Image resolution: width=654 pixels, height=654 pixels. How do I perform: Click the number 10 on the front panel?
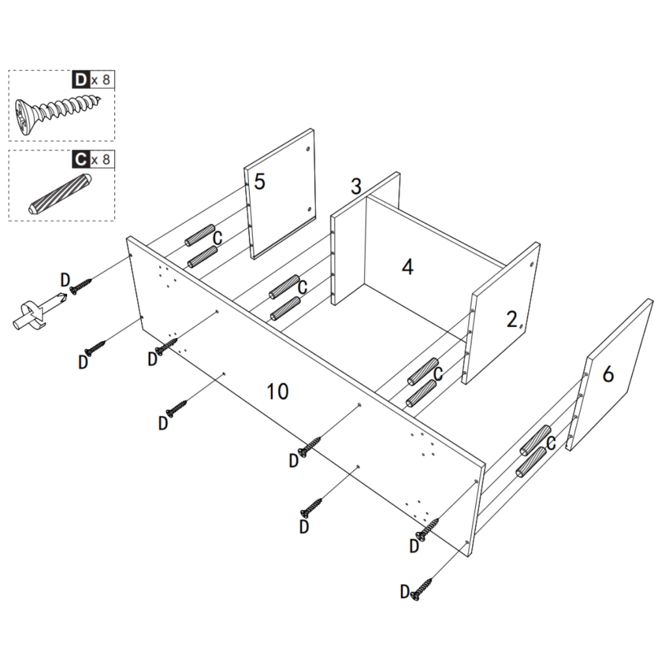(278, 391)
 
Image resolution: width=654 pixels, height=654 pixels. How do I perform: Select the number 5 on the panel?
(259, 181)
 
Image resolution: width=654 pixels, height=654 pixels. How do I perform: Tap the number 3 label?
(356, 186)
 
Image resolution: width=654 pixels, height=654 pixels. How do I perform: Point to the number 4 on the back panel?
(407, 267)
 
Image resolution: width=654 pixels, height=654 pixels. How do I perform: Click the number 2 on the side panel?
(512, 320)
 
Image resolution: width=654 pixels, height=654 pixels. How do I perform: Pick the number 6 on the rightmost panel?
(608, 374)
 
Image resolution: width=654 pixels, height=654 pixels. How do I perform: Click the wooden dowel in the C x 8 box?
(61, 192)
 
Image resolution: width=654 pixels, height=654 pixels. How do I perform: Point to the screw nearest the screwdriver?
(81, 286)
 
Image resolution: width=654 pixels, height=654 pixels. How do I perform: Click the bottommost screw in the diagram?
(422, 588)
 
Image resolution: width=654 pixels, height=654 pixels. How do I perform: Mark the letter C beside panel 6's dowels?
(551, 443)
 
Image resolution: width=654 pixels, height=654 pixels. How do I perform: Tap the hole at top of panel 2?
(532, 263)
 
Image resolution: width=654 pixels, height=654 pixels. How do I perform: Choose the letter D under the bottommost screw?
(404, 592)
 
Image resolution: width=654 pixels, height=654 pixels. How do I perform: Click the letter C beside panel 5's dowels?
(217, 239)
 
